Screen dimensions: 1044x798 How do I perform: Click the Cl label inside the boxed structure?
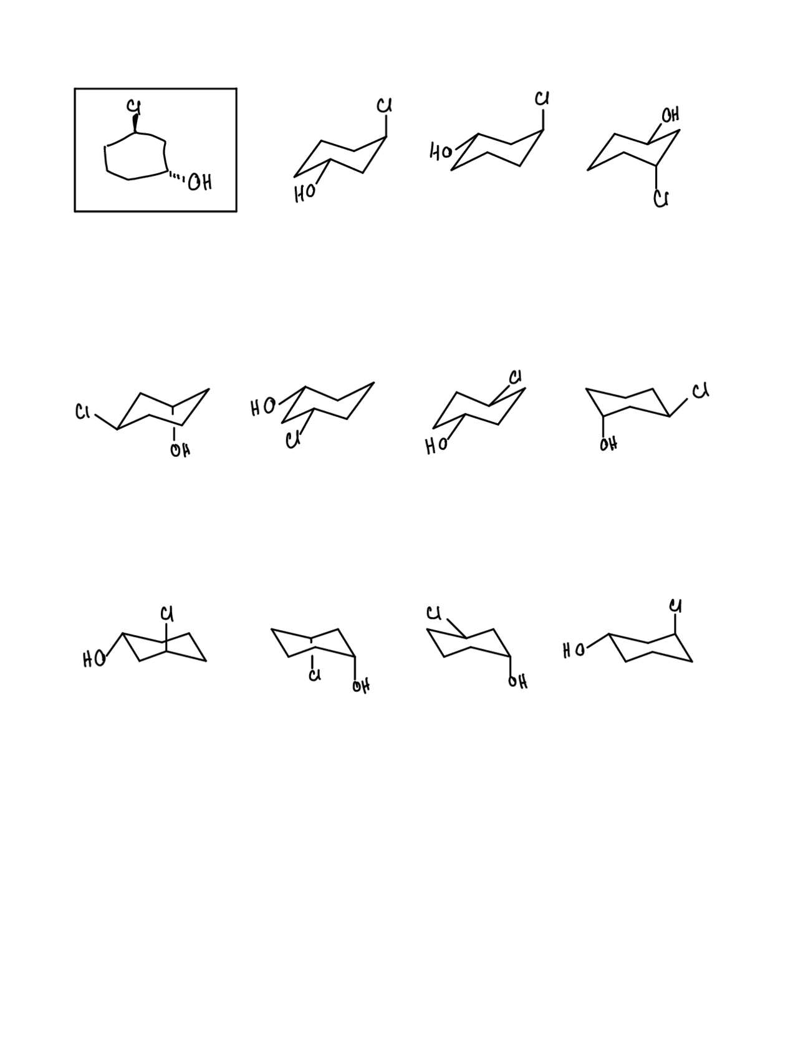[x=133, y=107]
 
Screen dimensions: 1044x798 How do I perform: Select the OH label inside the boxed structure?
[x=200, y=183]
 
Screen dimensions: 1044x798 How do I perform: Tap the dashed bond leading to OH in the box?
[x=176, y=178]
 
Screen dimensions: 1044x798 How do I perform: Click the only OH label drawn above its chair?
[x=670, y=115]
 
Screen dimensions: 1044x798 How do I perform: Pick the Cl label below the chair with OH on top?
[x=661, y=199]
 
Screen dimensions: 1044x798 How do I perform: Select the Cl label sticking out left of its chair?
[x=83, y=412]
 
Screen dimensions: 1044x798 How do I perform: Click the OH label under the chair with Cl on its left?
[x=180, y=450]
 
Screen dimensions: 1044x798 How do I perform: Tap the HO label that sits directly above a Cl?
[x=262, y=408]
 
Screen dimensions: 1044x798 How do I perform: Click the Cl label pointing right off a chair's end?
[x=700, y=391]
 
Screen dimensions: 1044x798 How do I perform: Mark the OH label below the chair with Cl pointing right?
[x=608, y=444]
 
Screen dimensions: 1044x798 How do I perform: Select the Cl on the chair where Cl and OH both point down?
[x=315, y=675]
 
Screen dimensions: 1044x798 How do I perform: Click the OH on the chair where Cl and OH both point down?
[x=360, y=686]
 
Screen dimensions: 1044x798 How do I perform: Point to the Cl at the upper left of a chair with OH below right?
[x=435, y=613]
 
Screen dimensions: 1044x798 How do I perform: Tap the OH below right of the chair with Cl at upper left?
[x=517, y=682]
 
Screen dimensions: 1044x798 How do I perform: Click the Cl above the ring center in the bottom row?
[x=166, y=614]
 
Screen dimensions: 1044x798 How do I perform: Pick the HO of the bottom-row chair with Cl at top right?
[x=574, y=651]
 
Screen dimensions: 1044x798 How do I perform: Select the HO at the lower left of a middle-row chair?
[x=436, y=446]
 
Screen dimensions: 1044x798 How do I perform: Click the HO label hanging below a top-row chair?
[x=304, y=194]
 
